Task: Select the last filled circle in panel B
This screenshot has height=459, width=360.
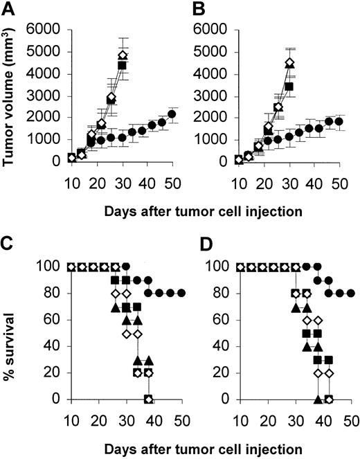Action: (339, 122)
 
